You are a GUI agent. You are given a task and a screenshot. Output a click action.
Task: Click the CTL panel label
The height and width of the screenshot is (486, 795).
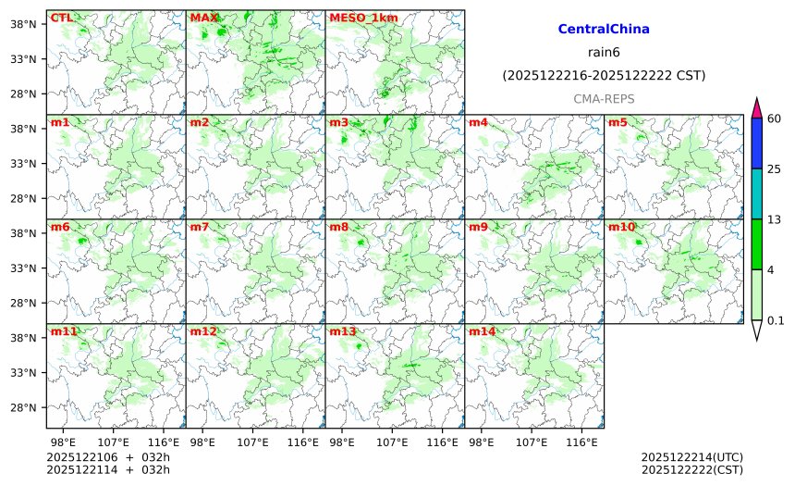[61, 18]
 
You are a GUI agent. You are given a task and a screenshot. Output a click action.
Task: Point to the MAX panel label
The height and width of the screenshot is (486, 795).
[203, 18]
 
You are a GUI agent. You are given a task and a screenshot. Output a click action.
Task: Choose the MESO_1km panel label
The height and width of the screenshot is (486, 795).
[357, 18]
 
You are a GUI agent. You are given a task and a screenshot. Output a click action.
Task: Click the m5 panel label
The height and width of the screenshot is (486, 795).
[618, 122]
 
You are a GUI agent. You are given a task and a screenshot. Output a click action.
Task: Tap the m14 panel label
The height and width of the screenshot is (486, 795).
[482, 331]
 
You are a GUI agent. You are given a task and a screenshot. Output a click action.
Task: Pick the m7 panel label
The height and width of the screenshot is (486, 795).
[201, 227]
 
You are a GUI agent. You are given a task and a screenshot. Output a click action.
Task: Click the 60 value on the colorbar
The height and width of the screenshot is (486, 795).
[775, 118]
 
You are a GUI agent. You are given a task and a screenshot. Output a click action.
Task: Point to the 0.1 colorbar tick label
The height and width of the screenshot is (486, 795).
[776, 320]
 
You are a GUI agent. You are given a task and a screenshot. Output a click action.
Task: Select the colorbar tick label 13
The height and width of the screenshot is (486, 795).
[775, 219]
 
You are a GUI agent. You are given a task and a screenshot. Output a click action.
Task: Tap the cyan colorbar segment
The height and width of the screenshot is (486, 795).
[756, 193]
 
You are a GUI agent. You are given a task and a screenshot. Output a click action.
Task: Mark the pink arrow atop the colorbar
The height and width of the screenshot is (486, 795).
[756, 107]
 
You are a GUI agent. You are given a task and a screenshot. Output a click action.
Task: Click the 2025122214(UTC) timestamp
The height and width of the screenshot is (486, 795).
[691, 457]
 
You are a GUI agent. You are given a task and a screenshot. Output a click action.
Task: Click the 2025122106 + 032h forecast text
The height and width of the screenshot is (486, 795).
[108, 457]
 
